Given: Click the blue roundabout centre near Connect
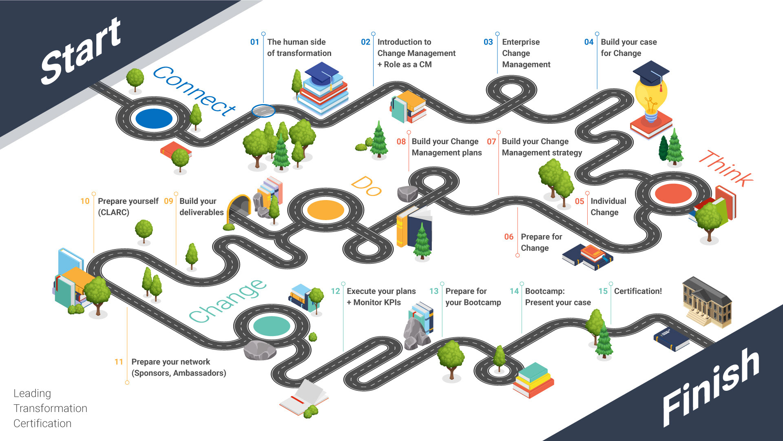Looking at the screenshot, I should [x=154, y=119].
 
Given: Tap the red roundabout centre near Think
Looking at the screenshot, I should [x=673, y=194].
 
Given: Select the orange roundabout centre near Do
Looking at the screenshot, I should [x=325, y=210].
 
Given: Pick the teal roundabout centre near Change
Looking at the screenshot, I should [x=272, y=326].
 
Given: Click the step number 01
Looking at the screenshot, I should [x=254, y=42].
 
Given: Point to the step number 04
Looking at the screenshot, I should [x=588, y=42].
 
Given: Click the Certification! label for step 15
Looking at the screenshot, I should [x=638, y=291].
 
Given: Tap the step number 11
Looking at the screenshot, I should [x=119, y=362].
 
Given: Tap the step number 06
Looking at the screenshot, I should [x=509, y=237].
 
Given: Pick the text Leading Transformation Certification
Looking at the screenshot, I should [x=50, y=408].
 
